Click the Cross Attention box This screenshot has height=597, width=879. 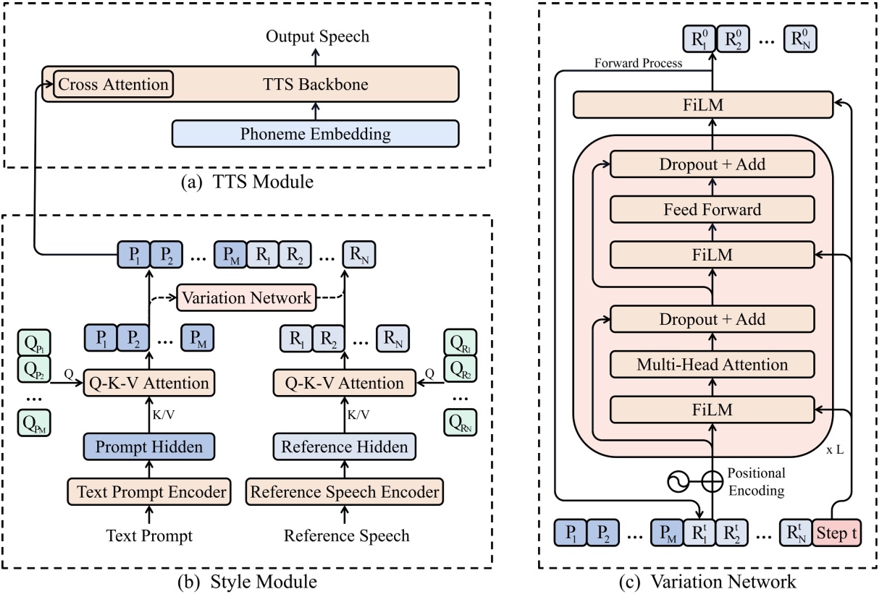(x=113, y=85)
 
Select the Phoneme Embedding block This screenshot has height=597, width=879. (x=316, y=134)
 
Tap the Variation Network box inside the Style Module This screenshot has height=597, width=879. (x=247, y=297)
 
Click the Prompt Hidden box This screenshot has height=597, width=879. (x=149, y=446)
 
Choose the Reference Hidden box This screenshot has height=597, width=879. (x=345, y=446)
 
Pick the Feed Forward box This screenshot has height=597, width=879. (x=713, y=210)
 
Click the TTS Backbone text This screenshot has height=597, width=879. (x=316, y=85)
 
